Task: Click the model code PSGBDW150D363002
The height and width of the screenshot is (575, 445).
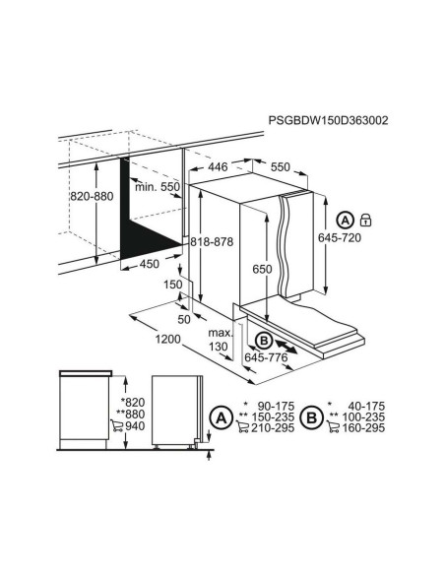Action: [x=328, y=120]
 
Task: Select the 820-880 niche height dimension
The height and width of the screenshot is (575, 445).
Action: [x=92, y=196]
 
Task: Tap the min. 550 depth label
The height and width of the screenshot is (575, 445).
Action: [x=158, y=187]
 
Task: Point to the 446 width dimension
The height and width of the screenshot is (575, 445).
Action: [x=218, y=166]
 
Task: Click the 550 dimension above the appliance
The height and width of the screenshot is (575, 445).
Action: [x=280, y=166]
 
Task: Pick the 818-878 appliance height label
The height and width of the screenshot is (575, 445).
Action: [x=212, y=242]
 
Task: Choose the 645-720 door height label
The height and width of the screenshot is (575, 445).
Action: [x=340, y=238]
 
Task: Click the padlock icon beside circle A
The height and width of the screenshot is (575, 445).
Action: [x=366, y=220]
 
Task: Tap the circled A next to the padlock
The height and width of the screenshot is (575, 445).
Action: [x=345, y=220]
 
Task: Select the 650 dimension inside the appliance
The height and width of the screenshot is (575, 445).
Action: [x=262, y=269]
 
